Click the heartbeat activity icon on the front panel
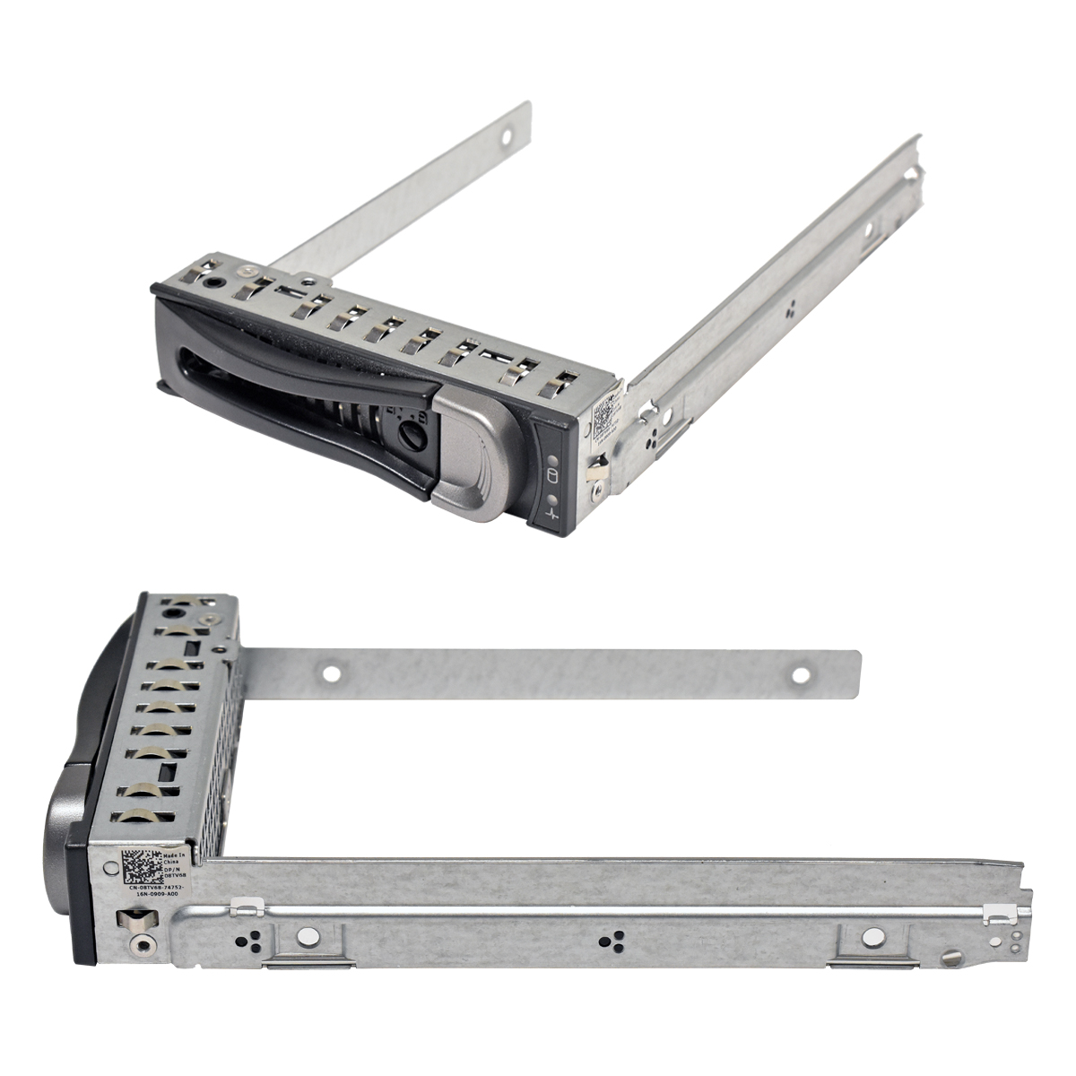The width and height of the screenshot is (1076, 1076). [x=551, y=516]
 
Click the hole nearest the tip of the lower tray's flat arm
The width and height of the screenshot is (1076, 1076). [x=801, y=673]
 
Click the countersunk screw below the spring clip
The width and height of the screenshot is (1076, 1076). [x=142, y=944]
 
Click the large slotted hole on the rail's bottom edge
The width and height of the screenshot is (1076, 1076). [x=952, y=959]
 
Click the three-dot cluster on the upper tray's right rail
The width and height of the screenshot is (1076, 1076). [x=789, y=315]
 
